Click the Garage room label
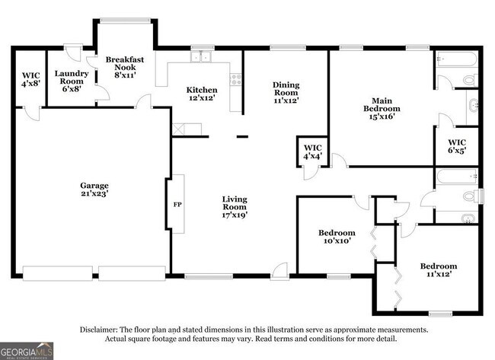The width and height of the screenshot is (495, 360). coord(95,189)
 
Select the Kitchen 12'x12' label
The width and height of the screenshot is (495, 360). coord(202,94)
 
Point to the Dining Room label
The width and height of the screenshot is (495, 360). coord(286,92)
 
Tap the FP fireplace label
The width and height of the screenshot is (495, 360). coord(177,205)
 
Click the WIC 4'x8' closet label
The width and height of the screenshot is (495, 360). coord(30,79)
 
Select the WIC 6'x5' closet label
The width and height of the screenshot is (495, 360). coord(457,145)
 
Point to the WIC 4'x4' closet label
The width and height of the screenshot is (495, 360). coord(312,151)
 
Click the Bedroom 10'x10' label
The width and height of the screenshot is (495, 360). coord(336,237)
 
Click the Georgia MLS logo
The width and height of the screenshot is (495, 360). coord(27,350)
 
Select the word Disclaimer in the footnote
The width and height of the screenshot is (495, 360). coord(103,330)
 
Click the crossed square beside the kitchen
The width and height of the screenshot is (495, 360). coord(179,129)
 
